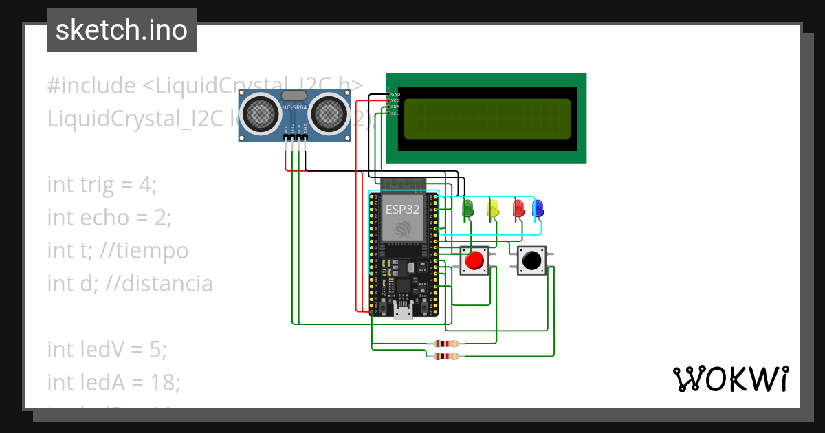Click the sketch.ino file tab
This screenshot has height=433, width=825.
pyautogui.click(x=122, y=30)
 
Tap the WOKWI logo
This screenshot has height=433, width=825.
pyautogui.click(x=729, y=379)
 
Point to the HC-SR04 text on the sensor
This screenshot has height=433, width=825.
pyautogui.click(x=296, y=108)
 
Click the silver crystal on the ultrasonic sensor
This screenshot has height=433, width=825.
pyautogui.click(x=294, y=96)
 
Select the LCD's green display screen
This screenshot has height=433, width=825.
pyautogui.click(x=487, y=119)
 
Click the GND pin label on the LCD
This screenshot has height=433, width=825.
pyautogui.click(x=395, y=94)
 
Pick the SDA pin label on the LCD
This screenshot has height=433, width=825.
pyautogui.click(x=395, y=107)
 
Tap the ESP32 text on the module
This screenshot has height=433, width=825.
pyautogui.click(x=402, y=210)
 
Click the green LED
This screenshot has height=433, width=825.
pyautogui.click(x=469, y=208)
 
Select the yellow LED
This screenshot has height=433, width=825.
pyautogui.click(x=493, y=208)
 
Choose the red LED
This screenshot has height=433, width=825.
pyautogui.click(x=518, y=208)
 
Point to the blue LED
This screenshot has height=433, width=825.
pyautogui.click(x=538, y=208)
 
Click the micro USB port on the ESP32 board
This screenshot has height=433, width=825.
pyautogui.click(x=403, y=314)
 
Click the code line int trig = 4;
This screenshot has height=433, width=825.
pyautogui.click(x=102, y=185)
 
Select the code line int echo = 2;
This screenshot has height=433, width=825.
pyautogui.click(x=109, y=218)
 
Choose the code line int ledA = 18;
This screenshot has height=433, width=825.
pyautogui.click(x=113, y=382)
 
